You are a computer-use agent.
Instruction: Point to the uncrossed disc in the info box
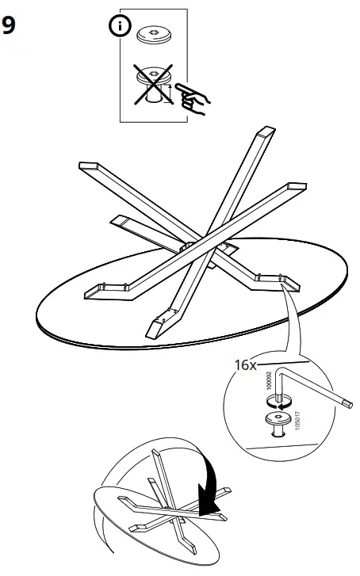pyautogui.click(x=153, y=35)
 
